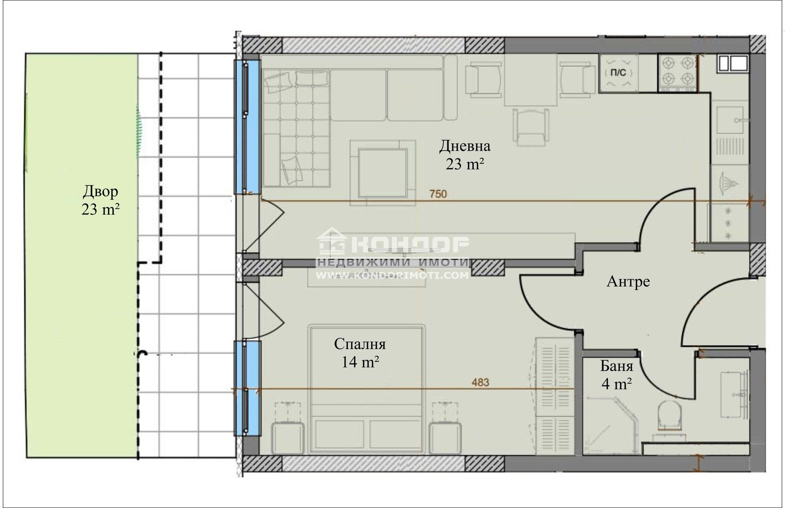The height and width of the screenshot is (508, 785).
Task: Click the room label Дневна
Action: pyautogui.click(x=465, y=146)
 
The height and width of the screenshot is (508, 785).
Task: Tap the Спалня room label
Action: pyautogui.click(x=360, y=344)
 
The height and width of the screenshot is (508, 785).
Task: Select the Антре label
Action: pyautogui.click(x=628, y=281)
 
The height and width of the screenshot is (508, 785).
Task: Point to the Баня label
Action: pyautogui.click(x=616, y=366)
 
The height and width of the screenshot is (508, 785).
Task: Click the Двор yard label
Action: pyautogui.click(x=100, y=192)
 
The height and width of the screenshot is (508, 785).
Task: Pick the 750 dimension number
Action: pyautogui.click(x=438, y=194)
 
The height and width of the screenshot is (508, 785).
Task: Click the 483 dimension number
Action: pyautogui.click(x=480, y=382)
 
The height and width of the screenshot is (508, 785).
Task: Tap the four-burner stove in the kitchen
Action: pyautogui.click(x=678, y=73)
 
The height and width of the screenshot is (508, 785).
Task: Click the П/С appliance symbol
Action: pyautogui.click(x=618, y=73)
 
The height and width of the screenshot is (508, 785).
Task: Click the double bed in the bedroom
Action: pyautogui.click(x=366, y=389)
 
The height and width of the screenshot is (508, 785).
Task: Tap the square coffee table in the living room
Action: pyautogui.click(x=383, y=173)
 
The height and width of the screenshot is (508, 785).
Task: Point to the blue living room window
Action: pyautogui.click(x=248, y=127)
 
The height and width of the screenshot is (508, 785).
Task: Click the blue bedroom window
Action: pyautogui.click(x=248, y=388)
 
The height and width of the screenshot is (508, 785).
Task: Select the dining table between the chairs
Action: pyautogui.click(x=530, y=80)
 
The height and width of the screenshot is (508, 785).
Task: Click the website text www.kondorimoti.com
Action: pyautogui.click(x=392, y=276)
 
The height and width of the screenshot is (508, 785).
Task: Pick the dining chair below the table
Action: pyautogui.click(x=531, y=127)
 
